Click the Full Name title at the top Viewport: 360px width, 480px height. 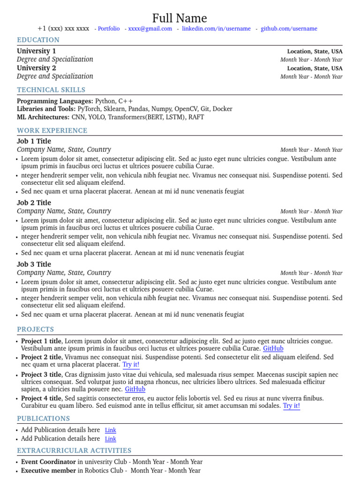(180, 18)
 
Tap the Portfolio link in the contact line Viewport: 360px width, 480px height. (109, 29)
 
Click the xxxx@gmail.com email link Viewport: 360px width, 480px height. (150, 29)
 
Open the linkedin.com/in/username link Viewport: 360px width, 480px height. (216, 29)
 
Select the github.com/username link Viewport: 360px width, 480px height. (289, 29)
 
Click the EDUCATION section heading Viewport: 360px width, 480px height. (38, 40)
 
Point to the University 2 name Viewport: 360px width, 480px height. (37, 68)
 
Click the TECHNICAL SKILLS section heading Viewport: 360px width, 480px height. (51, 90)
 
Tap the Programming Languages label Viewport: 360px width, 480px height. (55, 101)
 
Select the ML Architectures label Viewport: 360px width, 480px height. (43, 117)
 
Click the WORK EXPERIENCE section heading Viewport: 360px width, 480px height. (52, 131)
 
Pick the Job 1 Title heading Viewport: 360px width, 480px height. (34, 142)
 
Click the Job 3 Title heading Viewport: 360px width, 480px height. (34, 264)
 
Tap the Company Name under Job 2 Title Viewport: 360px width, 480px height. (64, 211)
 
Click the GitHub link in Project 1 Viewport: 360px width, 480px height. (273, 349)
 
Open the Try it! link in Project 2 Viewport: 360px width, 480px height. (131, 365)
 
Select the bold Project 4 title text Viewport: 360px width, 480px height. (41, 398)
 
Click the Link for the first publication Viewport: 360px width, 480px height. (111, 430)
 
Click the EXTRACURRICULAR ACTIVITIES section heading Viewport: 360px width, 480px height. (74, 451)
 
